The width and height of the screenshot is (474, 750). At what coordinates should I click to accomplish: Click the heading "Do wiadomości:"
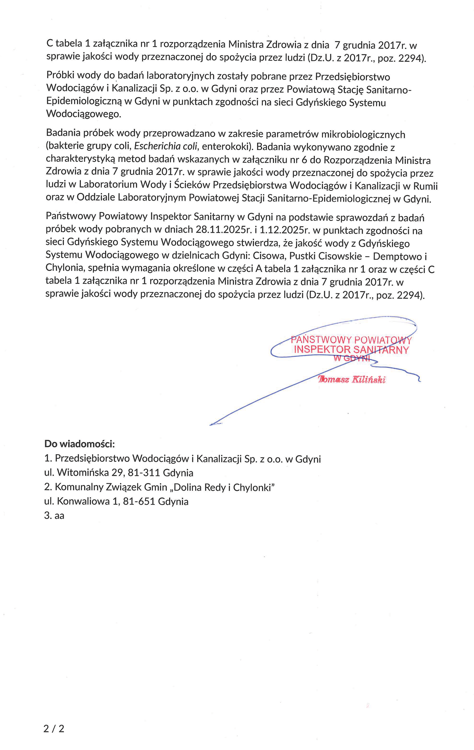click(x=79, y=444)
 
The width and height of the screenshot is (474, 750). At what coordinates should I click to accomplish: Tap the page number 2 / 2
click(x=54, y=729)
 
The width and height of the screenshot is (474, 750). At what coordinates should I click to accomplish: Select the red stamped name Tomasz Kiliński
click(x=352, y=379)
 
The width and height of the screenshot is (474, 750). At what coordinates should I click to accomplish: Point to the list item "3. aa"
click(x=54, y=516)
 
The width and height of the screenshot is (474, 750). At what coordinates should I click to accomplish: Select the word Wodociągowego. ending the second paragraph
click(x=84, y=114)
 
